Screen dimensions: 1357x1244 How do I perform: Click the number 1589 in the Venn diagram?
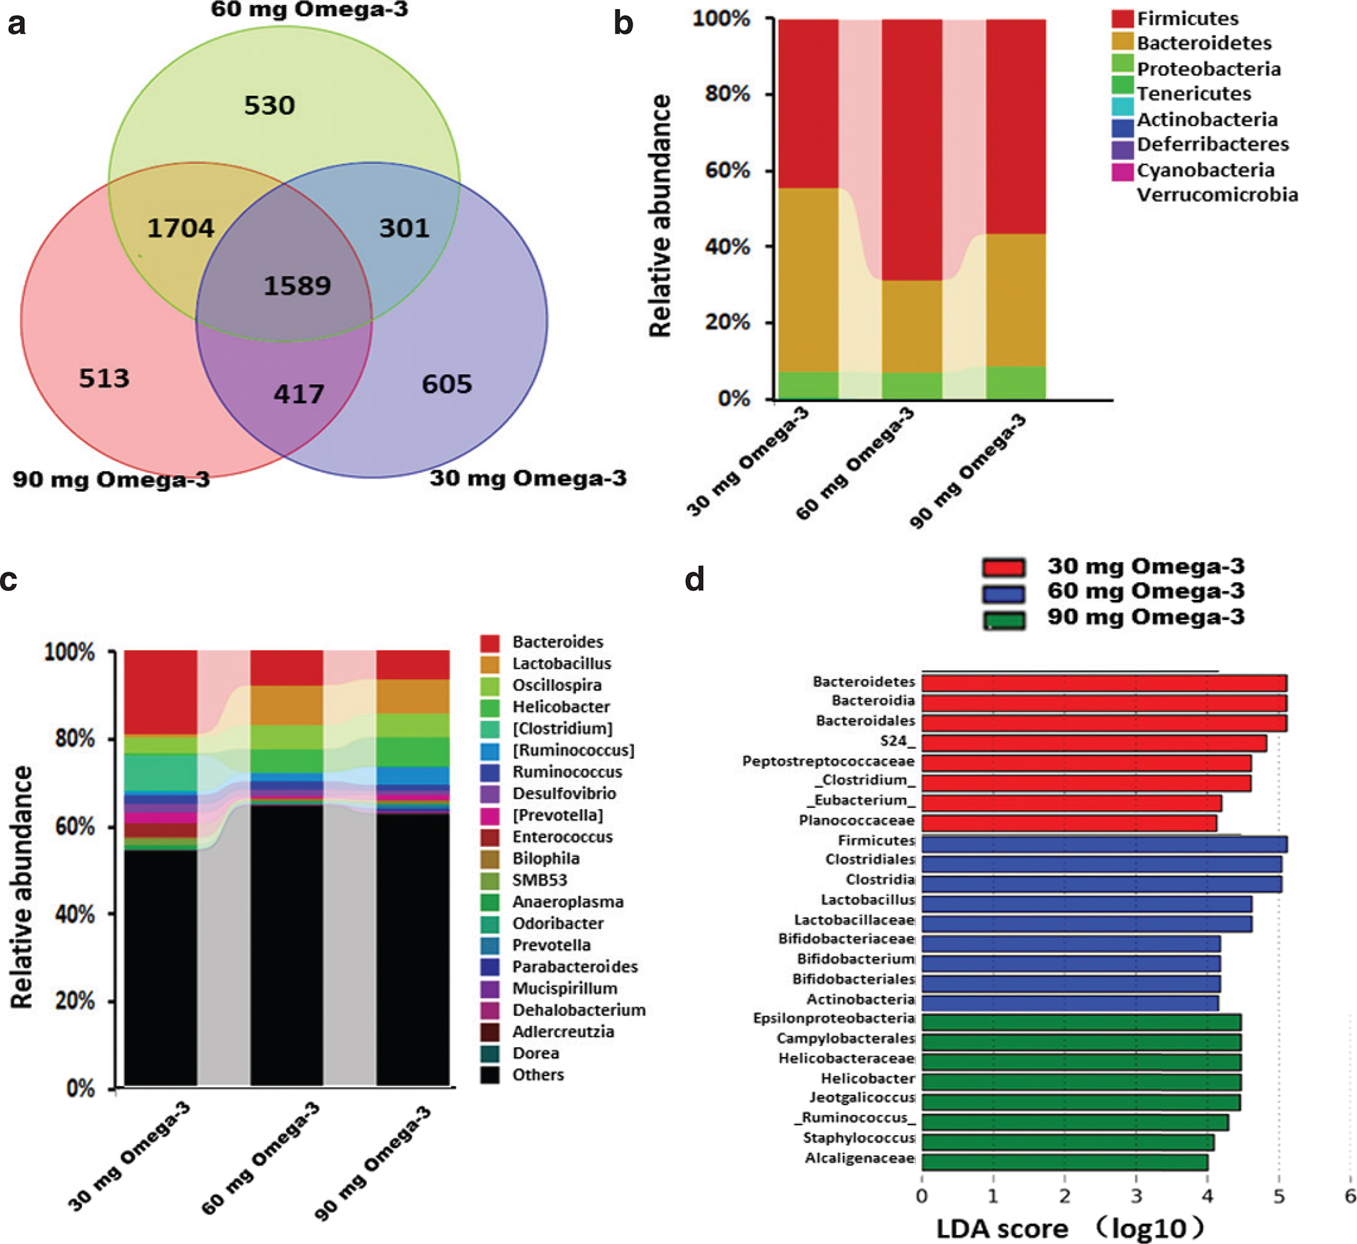point(297,285)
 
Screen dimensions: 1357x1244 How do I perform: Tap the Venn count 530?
point(269,106)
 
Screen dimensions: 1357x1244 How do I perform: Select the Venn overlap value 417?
point(299,394)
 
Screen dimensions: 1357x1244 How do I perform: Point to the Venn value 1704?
point(181,229)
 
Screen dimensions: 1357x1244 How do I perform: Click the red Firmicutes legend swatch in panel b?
point(1122,19)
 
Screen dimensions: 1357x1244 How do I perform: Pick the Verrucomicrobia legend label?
point(1217,195)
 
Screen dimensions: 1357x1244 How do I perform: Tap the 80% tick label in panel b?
point(727,93)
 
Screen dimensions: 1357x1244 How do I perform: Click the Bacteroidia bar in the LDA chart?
point(1104,703)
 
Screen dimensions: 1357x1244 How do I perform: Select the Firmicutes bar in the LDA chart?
point(1105,844)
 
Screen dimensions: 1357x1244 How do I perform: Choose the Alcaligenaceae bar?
point(1064,1163)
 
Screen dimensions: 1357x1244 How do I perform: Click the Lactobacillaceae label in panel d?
point(854,920)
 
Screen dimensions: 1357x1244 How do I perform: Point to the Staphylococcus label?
point(859,1138)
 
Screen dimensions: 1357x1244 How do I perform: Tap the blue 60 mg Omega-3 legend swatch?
point(1004,593)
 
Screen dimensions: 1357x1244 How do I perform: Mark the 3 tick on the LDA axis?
point(1136,1196)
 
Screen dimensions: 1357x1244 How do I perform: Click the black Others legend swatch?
point(490,1075)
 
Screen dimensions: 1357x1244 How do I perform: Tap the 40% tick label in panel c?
point(74,914)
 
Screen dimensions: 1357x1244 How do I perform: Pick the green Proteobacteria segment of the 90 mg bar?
point(1016,383)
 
